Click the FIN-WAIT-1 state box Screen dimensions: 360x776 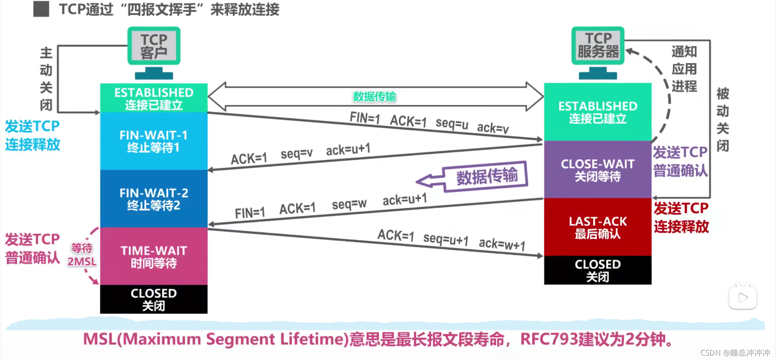click(154, 141)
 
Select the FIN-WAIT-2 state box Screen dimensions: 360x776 click(154, 199)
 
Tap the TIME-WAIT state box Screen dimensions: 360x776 click(154, 257)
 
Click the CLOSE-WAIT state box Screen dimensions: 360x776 click(597, 170)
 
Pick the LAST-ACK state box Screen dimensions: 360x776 click(597, 227)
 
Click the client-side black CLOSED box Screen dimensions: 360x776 click(154, 299)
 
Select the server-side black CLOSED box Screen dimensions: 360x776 click(597, 270)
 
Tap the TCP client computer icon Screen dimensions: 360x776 click(154, 53)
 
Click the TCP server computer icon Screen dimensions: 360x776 click(598, 52)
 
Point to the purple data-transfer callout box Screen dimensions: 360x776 click(486, 176)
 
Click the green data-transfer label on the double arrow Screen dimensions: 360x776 click(374, 97)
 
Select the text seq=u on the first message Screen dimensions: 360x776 click(452, 123)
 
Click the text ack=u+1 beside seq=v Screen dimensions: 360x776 click(348, 149)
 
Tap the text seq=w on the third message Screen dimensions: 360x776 click(349, 204)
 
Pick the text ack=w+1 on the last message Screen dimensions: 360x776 click(502, 244)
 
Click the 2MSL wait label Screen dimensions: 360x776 click(82, 261)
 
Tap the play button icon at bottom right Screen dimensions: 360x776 click(742, 298)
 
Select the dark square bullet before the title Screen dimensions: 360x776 click(41, 9)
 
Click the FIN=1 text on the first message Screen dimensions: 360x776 click(365, 118)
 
